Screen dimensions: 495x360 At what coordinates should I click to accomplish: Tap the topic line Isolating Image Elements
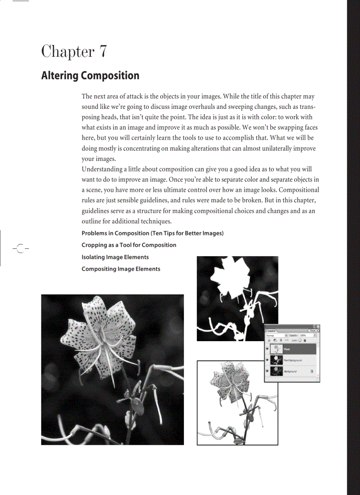click(115, 257)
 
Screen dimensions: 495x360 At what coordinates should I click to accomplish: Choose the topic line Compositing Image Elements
click(121, 269)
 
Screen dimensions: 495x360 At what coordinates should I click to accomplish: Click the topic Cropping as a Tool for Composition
click(129, 245)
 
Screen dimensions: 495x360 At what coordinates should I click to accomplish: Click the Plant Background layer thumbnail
click(276, 360)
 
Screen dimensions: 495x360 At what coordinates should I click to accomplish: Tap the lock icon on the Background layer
click(312, 372)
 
